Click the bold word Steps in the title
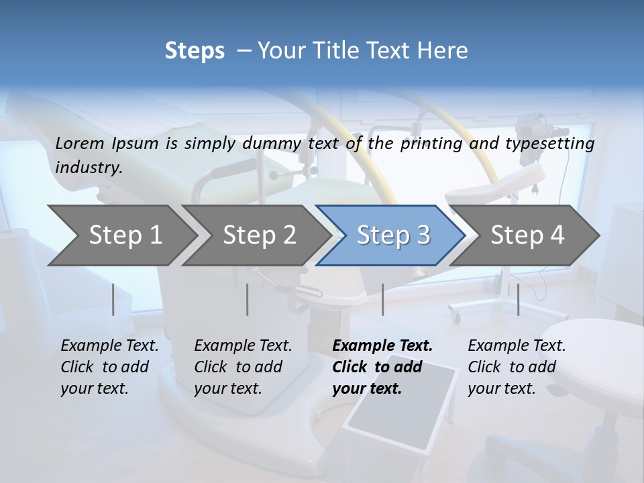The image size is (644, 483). [x=195, y=51]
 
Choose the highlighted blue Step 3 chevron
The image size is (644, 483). [x=393, y=235]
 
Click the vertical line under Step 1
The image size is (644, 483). [x=113, y=299]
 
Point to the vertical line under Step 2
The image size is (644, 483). [x=248, y=299]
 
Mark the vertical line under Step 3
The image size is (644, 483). [x=382, y=299]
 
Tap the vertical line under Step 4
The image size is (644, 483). [x=519, y=299]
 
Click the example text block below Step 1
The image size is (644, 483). [x=109, y=367]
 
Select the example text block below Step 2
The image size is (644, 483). [x=243, y=367]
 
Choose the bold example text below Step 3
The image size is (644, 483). [x=382, y=367]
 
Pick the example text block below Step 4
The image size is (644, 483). [x=517, y=367]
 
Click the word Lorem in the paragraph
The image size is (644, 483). [x=80, y=143]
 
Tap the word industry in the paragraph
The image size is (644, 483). [x=89, y=167]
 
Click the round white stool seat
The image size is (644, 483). [x=590, y=342]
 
